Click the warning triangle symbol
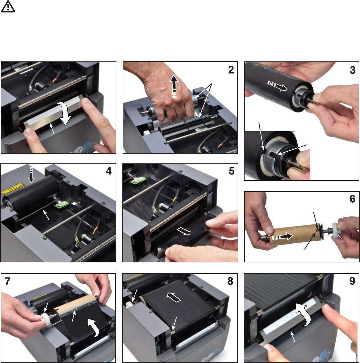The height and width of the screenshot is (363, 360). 8,6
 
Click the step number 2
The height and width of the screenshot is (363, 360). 231,70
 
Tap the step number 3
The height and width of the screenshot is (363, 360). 353,70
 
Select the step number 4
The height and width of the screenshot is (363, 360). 109,171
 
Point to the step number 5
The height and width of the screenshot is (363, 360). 231,171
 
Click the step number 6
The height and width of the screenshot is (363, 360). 352,199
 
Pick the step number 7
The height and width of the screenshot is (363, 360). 7,281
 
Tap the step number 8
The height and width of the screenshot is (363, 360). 230,281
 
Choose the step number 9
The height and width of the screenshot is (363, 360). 352,281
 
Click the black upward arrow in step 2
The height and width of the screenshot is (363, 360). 174,87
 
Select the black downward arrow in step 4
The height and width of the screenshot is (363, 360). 31,174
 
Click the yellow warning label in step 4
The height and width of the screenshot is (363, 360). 12,189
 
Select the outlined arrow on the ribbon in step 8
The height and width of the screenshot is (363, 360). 174,297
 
